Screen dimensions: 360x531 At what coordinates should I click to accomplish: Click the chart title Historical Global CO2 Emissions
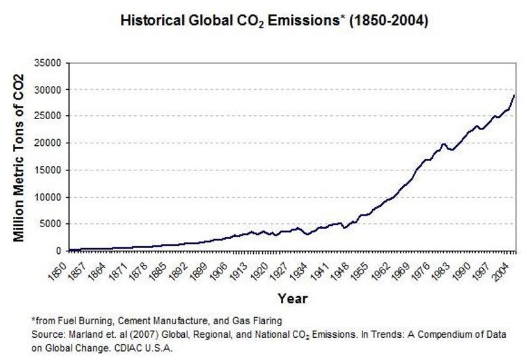point(274,21)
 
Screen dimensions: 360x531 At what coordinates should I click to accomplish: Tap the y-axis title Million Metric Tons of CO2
point(19,158)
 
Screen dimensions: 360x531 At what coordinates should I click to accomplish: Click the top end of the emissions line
point(513,96)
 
